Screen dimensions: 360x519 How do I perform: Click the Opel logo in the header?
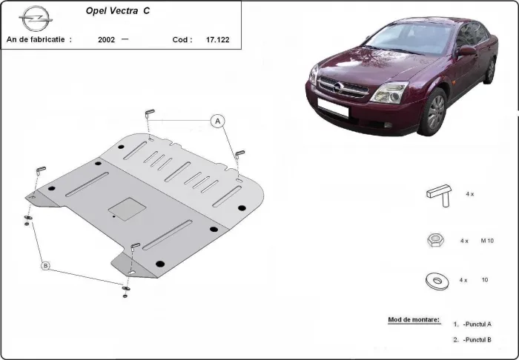(33, 16)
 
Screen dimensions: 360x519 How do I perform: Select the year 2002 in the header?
(106, 40)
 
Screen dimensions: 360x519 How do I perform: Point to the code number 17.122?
(217, 40)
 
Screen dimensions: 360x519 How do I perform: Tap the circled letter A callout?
(217, 121)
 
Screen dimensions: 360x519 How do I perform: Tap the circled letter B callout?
(45, 265)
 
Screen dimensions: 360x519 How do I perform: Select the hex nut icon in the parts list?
(435, 240)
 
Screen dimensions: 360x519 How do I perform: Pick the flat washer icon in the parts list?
(436, 280)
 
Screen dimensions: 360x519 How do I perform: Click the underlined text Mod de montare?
(413, 320)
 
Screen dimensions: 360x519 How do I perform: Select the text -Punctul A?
(477, 324)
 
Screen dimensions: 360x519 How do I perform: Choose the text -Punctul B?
(477, 339)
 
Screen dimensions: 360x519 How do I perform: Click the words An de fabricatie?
(39, 40)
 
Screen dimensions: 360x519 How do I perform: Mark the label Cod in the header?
(182, 40)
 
